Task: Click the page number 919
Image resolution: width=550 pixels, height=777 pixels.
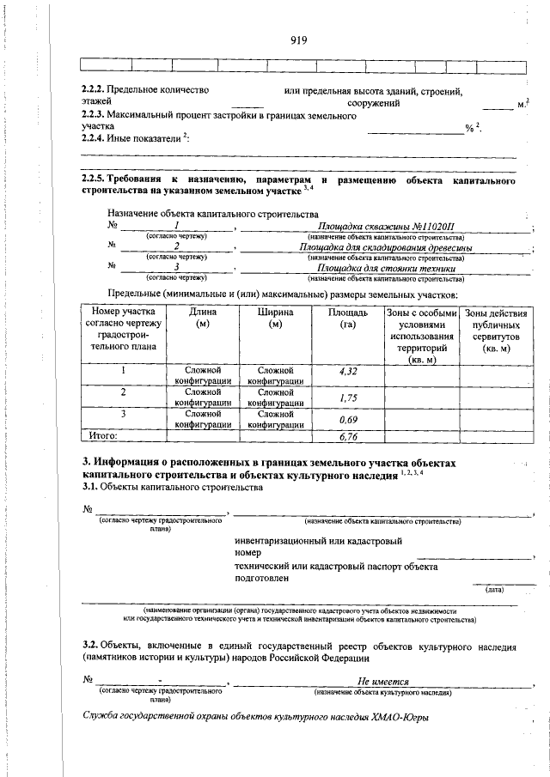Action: (298, 40)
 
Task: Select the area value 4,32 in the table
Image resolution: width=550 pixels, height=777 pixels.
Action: (348, 372)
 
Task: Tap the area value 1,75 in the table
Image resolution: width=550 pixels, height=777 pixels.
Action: (348, 398)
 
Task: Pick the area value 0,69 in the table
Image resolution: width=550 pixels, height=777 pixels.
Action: (348, 419)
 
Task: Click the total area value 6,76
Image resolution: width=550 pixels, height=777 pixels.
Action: (348, 436)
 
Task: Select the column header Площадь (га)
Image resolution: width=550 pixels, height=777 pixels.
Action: (348, 319)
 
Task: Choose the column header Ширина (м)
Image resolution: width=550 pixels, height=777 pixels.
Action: (275, 319)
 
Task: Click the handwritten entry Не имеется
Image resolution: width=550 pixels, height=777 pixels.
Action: (382, 681)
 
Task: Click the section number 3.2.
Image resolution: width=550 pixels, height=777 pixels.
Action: (89, 644)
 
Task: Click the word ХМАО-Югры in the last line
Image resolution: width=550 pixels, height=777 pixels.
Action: (400, 718)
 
